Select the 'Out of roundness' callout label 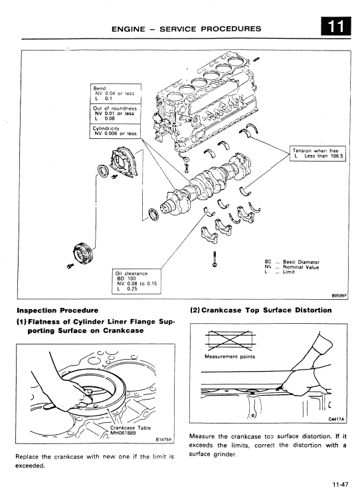click(x=115, y=108)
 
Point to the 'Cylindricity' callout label click(x=110, y=128)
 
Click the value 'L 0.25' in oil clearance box click(x=127, y=289)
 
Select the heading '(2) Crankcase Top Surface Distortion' click(x=261, y=310)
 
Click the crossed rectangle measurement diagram click(x=226, y=340)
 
